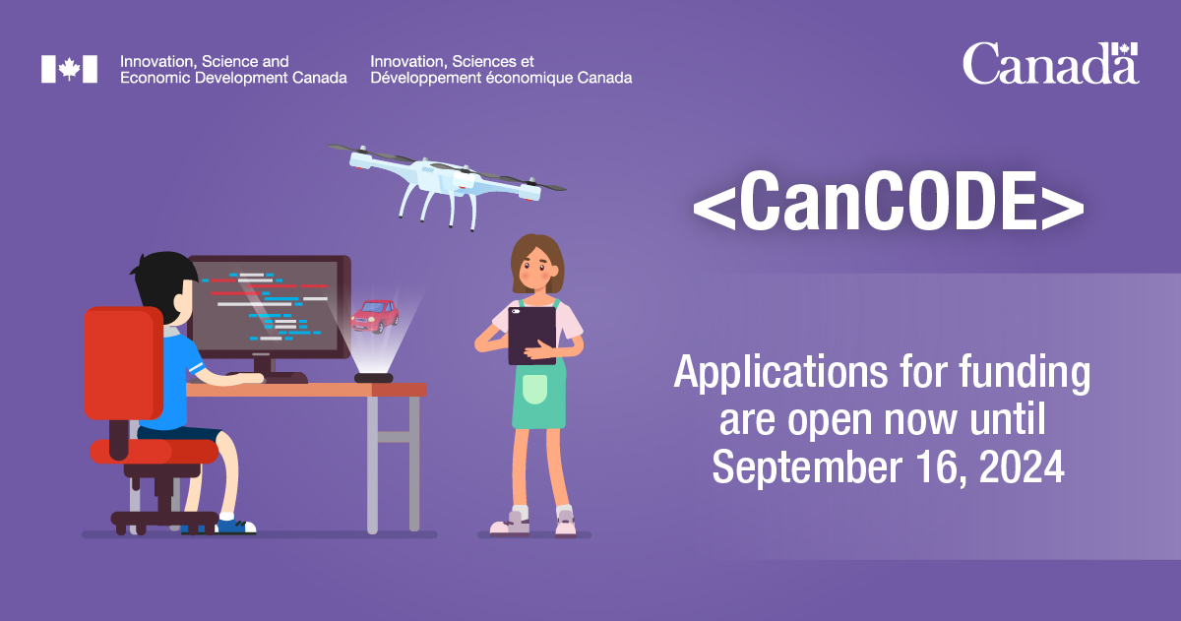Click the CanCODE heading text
point(888,205)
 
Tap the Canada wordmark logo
point(1049,65)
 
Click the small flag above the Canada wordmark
point(1125,48)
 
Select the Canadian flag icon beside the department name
point(69,69)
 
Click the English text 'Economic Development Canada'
point(232,78)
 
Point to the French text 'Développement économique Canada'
point(501,78)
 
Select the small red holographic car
point(375,315)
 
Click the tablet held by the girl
point(531,335)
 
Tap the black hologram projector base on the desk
point(374,378)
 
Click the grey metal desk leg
point(373,463)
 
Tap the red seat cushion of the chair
point(154,451)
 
